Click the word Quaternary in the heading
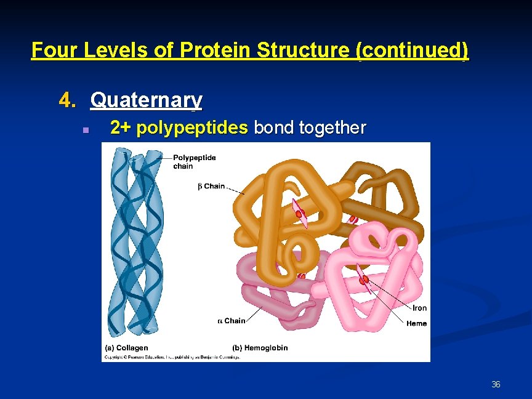146,100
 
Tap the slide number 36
496,385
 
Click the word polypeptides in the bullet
193,128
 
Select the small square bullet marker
86,130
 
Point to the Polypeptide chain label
194,162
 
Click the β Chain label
211,186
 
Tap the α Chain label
232,321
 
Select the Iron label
419,308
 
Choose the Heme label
416,323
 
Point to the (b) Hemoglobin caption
260,348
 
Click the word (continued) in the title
412,50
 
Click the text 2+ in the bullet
121,128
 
